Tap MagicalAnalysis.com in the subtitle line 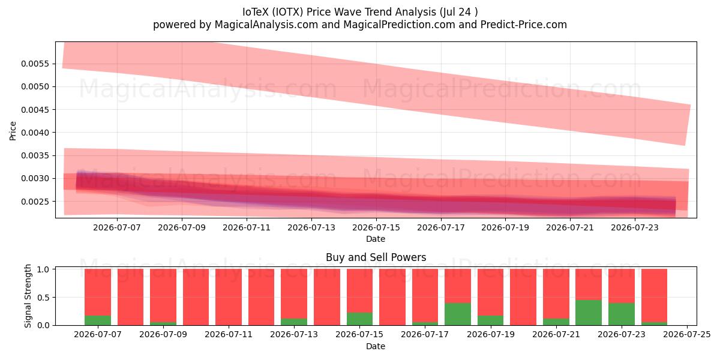[266, 25]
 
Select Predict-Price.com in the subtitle [524, 25]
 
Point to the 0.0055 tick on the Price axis [35, 64]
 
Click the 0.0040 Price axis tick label [35, 133]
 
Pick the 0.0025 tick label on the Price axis [35, 202]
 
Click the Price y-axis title [13, 131]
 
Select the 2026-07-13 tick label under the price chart [311, 227]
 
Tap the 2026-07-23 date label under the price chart [635, 227]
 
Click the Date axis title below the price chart [376, 239]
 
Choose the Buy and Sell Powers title [376, 257]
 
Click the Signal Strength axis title [28, 296]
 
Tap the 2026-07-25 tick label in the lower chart [687, 335]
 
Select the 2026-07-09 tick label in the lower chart [163, 335]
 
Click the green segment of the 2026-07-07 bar [98, 320]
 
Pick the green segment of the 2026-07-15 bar [359, 319]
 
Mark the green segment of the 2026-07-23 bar [622, 314]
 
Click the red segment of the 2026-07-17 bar [425, 296]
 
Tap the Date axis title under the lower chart [376, 346]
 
